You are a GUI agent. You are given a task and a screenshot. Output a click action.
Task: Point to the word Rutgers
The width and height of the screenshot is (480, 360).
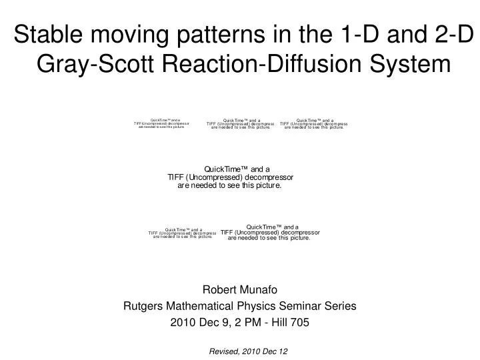point(144,306)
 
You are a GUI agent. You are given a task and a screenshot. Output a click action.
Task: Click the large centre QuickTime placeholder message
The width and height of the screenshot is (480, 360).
point(230,177)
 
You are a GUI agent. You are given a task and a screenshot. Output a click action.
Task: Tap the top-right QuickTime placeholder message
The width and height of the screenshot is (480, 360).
point(313,123)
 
